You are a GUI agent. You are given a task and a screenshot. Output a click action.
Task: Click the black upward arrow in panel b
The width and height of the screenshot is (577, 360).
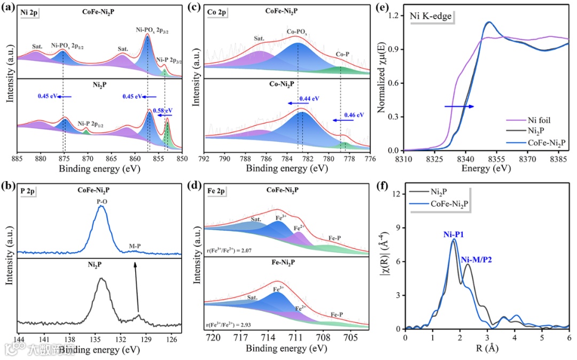click(137, 286)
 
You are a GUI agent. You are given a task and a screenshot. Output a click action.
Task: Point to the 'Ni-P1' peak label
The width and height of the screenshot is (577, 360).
click(453, 233)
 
